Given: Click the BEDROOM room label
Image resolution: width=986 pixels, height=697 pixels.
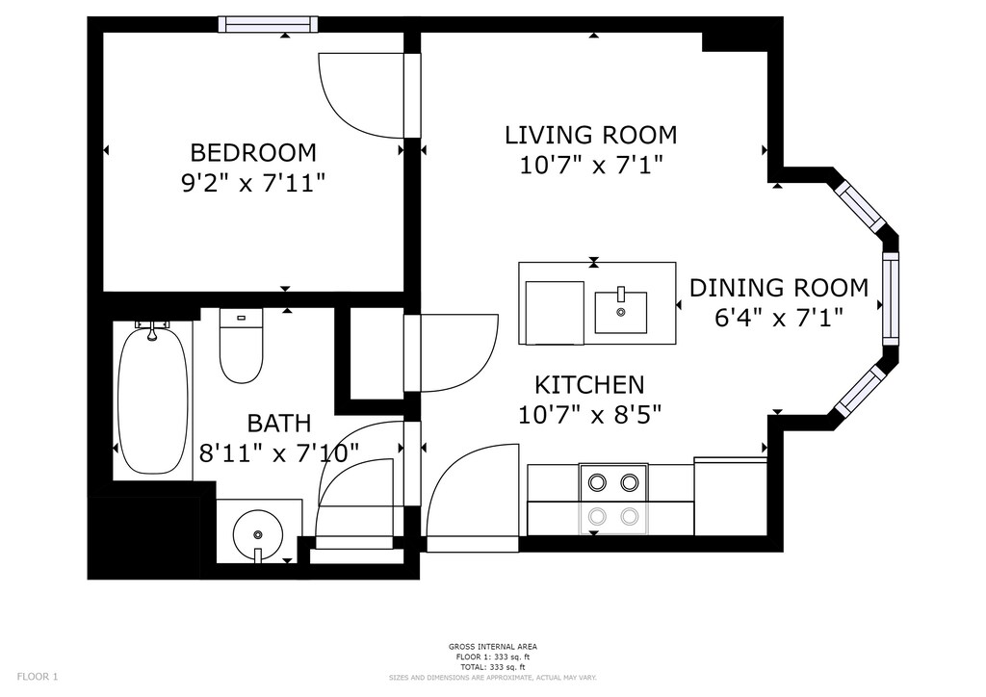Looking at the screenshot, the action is pos(253,153).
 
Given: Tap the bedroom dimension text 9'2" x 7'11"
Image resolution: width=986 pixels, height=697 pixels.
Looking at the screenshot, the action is pos(253,184).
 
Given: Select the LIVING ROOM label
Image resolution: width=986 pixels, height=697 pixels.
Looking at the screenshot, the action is pos(591,135).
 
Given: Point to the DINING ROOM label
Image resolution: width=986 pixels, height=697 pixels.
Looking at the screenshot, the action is pos(779,288).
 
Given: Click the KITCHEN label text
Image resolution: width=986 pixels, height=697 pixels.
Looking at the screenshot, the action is pos(589,384).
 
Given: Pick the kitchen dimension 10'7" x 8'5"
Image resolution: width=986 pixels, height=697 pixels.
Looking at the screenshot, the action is pos(590,415).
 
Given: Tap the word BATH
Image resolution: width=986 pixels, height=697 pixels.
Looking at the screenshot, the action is pos(279,423).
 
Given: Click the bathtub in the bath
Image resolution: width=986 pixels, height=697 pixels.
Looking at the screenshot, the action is pos(153,400).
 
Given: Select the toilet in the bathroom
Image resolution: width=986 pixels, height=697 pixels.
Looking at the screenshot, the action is pos(241,346).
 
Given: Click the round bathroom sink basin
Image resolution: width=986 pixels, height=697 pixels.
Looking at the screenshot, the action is pos(258,535).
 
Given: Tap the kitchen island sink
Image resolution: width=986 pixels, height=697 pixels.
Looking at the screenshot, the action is pos(621,312).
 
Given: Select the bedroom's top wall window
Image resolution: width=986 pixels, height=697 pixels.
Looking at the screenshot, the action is pos(268,24).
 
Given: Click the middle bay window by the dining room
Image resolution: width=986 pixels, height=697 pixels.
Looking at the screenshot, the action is pos(891,298).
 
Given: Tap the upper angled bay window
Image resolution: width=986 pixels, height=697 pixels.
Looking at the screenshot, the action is pos(860,207).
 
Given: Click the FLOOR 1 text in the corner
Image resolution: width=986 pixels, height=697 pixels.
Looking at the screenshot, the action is pos(38,677).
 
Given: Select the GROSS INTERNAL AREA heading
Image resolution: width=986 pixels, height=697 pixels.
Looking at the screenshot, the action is pos(493,647).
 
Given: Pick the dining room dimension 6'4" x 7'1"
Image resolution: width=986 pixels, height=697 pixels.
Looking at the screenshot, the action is pos(778,318).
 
